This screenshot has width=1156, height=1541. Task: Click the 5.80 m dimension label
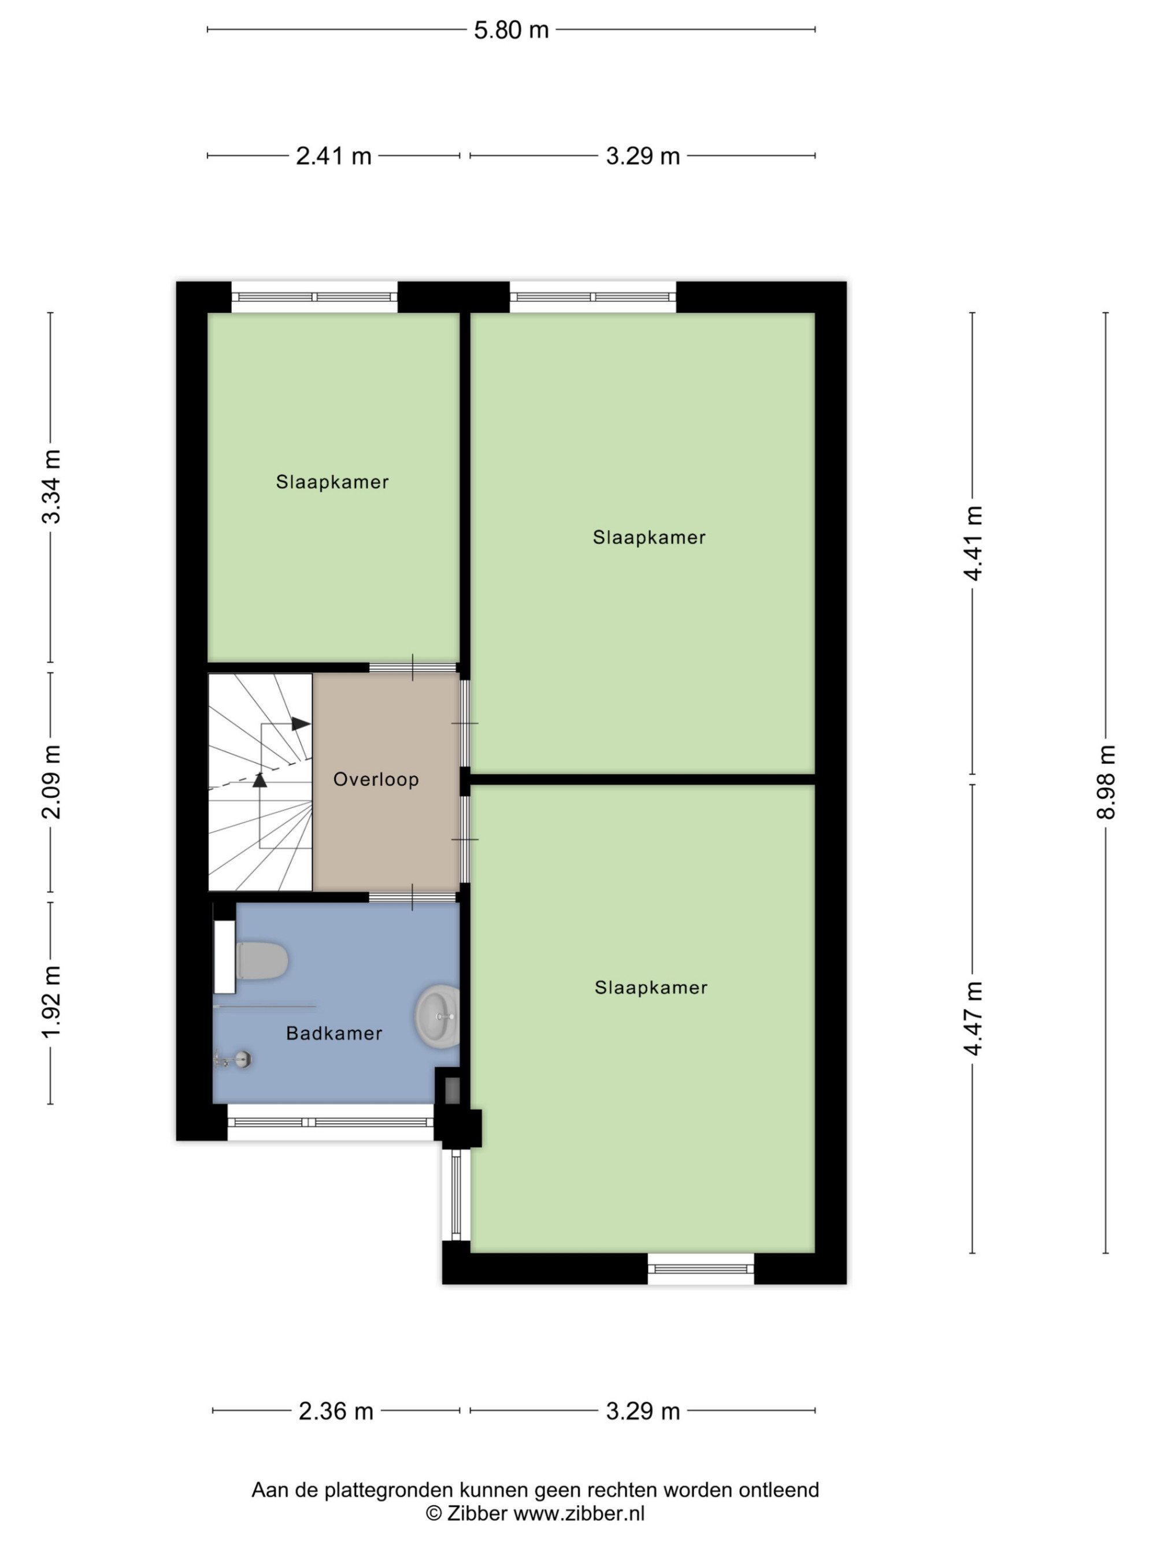[511, 30]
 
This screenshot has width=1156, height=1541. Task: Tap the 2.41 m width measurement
[333, 156]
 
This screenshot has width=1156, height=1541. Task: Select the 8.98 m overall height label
[1106, 782]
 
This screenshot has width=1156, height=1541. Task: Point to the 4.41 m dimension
[973, 543]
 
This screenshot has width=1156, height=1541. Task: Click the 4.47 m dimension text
[973, 1019]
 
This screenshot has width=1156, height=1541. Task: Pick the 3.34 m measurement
[51, 487]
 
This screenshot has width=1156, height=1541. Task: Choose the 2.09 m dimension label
[51, 782]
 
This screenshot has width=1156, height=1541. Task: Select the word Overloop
[376, 779]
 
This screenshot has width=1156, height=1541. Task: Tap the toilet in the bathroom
[261, 961]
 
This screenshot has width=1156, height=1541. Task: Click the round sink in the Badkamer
[438, 1016]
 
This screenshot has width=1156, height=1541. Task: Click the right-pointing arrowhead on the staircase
[301, 724]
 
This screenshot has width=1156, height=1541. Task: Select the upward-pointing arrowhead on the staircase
[260, 779]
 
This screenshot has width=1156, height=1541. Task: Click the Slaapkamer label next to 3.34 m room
[332, 481]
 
